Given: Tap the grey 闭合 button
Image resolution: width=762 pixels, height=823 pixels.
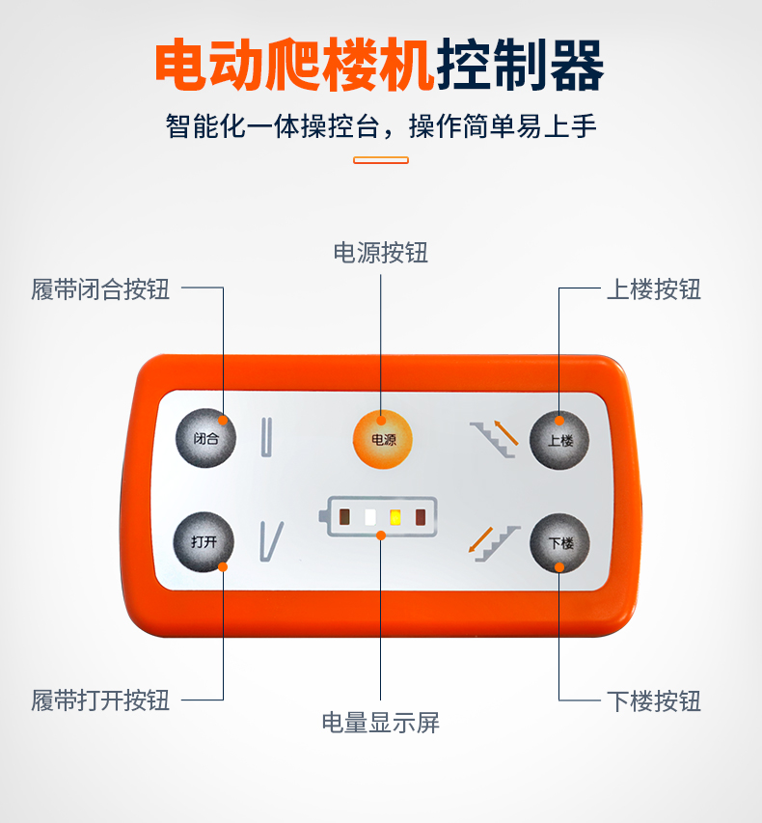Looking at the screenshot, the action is coord(205,438).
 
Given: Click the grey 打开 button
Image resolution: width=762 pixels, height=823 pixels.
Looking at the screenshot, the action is coord(204,541).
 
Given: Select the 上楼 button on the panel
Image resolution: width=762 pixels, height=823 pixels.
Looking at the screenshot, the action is coord(559,440).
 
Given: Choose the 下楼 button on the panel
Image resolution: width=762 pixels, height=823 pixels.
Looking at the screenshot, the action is coord(559,543).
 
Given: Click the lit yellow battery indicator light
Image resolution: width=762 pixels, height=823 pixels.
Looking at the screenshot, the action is coord(395,517).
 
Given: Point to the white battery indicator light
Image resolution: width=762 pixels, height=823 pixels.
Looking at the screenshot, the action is coord(370,517).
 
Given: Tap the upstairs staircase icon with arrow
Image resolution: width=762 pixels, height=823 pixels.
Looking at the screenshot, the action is coord(494,439).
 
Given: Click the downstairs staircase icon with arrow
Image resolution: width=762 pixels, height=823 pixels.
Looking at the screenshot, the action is coord(493,544).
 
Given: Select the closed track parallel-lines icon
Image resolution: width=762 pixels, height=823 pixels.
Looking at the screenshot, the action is coord(266,437).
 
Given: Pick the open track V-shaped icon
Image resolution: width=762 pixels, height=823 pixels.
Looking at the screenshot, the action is coord(271,541).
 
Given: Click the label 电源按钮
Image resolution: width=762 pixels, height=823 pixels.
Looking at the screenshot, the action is coord(380,253).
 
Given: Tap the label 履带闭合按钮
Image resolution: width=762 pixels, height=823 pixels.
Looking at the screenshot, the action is coord(100,289).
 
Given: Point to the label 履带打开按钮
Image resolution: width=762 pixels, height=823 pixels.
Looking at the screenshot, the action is coord(100,700).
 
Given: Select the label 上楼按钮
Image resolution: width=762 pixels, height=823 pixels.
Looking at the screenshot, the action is coord(654,289).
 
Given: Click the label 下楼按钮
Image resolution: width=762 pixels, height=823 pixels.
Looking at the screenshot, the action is coord(654,701).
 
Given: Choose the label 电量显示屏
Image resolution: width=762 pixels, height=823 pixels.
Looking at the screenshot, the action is coord(380,723).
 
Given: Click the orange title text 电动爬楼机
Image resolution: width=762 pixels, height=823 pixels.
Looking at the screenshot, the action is coord(295,64).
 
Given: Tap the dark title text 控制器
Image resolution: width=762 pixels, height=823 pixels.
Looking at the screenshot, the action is coord(520,64).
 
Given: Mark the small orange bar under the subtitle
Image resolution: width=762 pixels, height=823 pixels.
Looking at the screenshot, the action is coord(381,160).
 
